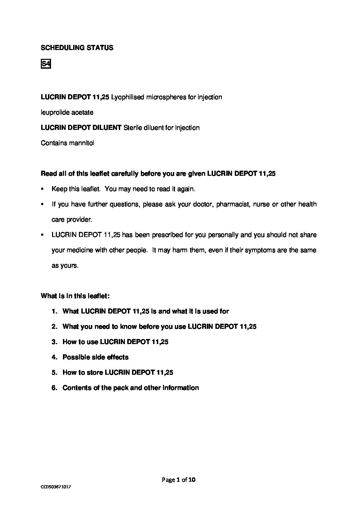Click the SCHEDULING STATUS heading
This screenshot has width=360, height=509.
[x=77, y=48]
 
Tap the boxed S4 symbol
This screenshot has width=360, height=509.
[x=46, y=64]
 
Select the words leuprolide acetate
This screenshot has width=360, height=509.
[x=67, y=112]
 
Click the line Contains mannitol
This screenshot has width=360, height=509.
[x=67, y=143]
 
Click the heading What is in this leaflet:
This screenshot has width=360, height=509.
[x=75, y=296]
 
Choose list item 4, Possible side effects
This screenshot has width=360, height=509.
[x=95, y=357]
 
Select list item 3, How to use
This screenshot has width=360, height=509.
[x=115, y=342]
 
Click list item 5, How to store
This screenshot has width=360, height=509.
[x=117, y=372]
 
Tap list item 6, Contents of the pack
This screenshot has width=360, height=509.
[x=130, y=388]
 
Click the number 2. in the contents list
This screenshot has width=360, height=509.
[x=54, y=326]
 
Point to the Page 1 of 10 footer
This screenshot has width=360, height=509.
[x=179, y=480]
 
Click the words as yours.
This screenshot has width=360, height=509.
[x=65, y=265]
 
